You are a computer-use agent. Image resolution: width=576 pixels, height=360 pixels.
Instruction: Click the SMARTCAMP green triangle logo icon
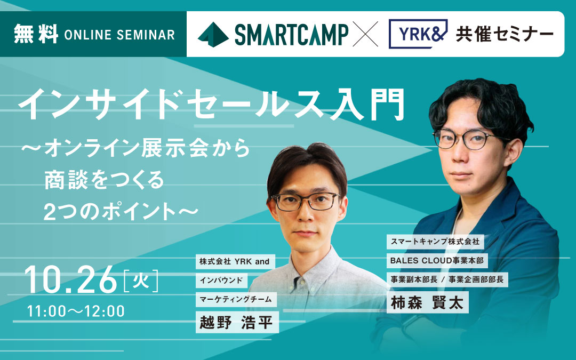213,35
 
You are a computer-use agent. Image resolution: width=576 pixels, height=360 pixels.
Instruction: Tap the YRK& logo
418,34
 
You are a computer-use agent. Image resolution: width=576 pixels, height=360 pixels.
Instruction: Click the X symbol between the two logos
365,34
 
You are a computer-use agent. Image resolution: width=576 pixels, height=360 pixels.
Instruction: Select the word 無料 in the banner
36,34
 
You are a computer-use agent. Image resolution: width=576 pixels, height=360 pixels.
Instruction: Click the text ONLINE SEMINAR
119,35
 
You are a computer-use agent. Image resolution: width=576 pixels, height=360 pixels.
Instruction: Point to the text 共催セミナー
505,34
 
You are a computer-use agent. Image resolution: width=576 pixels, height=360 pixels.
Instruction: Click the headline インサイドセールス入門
211,104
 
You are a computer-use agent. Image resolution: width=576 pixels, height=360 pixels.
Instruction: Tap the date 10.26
70,280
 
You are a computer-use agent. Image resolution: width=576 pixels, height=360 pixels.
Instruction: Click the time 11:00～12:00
76,311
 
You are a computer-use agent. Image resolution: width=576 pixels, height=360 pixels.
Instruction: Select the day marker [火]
141,281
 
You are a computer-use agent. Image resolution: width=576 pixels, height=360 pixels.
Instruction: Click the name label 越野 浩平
237,322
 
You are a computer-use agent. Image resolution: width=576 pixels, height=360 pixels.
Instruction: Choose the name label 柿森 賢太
427,302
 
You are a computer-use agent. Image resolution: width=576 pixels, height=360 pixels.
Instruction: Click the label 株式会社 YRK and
235,261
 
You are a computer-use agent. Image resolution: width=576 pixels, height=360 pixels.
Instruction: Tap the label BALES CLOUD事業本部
437,260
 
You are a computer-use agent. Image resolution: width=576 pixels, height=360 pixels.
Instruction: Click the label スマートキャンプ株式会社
435,242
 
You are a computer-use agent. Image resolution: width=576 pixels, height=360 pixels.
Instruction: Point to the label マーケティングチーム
236,299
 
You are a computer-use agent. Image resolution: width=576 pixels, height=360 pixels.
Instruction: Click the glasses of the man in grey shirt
306,201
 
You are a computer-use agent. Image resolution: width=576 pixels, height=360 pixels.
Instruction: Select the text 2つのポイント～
121,212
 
